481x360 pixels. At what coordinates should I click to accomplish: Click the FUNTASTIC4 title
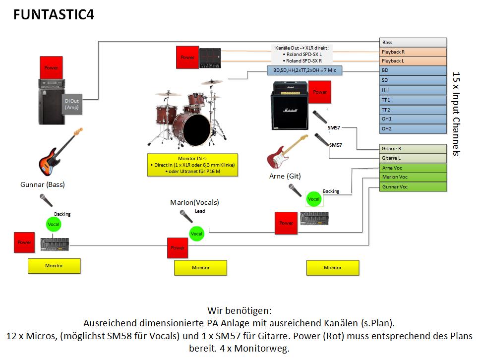(54, 15)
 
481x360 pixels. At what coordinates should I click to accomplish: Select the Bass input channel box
(413, 43)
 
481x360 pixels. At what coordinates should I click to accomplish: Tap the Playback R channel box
(413, 52)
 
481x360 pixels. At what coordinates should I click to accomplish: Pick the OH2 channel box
(413, 129)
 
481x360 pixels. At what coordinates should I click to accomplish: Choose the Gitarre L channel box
(413, 158)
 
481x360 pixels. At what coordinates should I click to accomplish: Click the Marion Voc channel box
(413, 177)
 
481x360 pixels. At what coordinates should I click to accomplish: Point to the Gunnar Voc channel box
(413, 187)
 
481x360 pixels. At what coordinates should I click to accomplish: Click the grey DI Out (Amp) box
(71, 104)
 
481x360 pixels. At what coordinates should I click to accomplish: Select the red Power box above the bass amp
(51, 68)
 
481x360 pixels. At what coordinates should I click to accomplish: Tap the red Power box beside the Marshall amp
(320, 92)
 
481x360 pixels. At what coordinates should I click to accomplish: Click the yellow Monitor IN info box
(193, 165)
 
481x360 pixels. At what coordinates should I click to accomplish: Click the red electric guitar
(285, 152)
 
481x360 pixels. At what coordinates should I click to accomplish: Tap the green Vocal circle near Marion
(197, 234)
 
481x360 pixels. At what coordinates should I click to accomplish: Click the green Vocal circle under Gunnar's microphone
(54, 225)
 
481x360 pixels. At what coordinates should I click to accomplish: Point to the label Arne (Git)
(285, 176)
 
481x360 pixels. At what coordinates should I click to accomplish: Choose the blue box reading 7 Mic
(304, 70)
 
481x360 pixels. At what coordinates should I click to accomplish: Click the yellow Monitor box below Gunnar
(54, 266)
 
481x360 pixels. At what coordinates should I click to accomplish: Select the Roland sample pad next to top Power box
(210, 58)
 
